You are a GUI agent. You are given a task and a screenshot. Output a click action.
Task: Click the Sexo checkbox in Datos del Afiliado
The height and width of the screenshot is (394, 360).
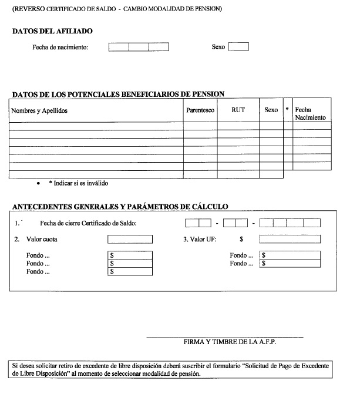point(238,47)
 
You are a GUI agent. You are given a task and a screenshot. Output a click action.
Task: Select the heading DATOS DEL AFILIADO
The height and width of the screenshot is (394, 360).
point(52,31)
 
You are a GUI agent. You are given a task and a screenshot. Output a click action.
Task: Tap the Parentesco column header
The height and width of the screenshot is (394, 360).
point(200,110)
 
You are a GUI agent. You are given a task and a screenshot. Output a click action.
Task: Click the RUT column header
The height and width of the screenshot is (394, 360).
point(238,110)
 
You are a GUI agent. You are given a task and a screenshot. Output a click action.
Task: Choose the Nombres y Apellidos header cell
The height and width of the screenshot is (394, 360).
point(40,110)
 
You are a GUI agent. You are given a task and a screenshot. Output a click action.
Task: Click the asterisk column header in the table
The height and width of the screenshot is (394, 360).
point(287,110)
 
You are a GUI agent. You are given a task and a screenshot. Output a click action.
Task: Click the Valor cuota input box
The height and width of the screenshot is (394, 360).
point(130,239)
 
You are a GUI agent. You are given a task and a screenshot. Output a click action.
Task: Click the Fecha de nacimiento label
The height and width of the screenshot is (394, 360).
point(60,47)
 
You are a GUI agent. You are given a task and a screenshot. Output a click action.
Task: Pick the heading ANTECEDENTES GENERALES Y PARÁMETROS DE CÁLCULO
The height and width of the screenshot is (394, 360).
point(120,206)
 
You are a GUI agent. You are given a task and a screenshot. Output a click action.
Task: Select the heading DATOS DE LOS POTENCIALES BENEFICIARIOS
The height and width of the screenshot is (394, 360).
point(118,94)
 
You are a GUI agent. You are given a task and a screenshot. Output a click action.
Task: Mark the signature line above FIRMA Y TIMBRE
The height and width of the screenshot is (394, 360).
point(224,336)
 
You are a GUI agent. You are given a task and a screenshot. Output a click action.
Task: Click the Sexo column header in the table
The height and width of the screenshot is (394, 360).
point(271,110)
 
